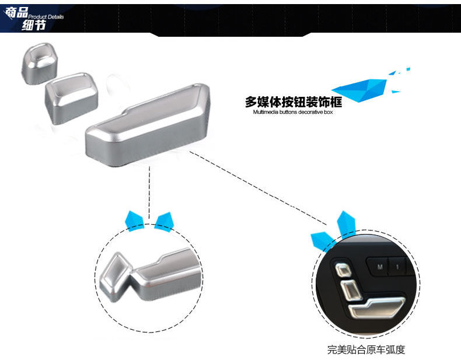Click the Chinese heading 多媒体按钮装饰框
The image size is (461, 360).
[x=293, y=102]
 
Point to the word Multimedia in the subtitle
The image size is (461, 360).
[x=267, y=112]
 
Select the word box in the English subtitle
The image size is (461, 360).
[x=328, y=112]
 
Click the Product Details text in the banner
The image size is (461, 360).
[x=46, y=17]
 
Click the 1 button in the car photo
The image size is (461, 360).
[x=397, y=267]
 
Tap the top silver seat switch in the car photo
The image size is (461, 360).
[x=343, y=269]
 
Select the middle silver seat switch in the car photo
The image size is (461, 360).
[x=350, y=288]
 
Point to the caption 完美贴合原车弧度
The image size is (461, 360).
[x=366, y=349]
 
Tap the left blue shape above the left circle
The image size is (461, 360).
[x=135, y=219]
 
